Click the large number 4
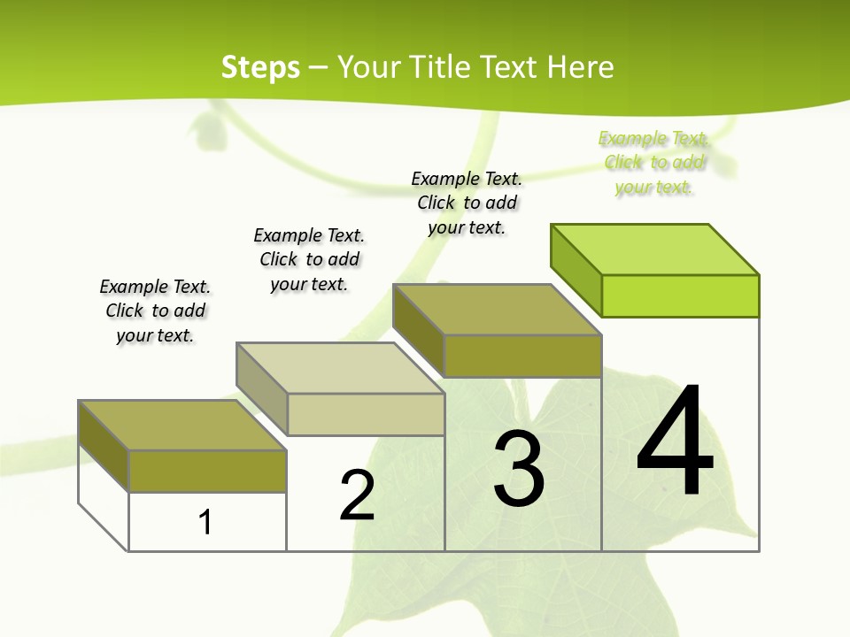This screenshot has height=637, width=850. click(x=675, y=442)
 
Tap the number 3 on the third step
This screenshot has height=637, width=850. click(x=519, y=469)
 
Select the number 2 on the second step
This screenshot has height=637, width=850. click(x=357, y=495)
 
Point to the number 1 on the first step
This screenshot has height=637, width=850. click(x=205, y=522)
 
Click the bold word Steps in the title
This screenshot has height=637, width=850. click(x=260, y=67)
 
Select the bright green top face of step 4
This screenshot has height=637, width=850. click(x=655, y=249)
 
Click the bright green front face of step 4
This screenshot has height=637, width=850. click(x=680, y=295)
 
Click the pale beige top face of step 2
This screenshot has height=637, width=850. click(x=340, y=368)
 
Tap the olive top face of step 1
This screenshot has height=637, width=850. click(x=182, y=426)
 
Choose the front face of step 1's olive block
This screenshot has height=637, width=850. click(x=207, y=471)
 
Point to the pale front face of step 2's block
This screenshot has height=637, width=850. click(x=366, y=414)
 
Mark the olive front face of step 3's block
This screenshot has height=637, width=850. click(x=522, y=356)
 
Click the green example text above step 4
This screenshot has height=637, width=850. click(x=654, y=163)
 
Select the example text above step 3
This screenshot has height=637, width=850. click(x=467, y=203)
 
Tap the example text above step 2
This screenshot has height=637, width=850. click(x=309, y=259)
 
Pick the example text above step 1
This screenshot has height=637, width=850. click(x=155, y=311)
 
